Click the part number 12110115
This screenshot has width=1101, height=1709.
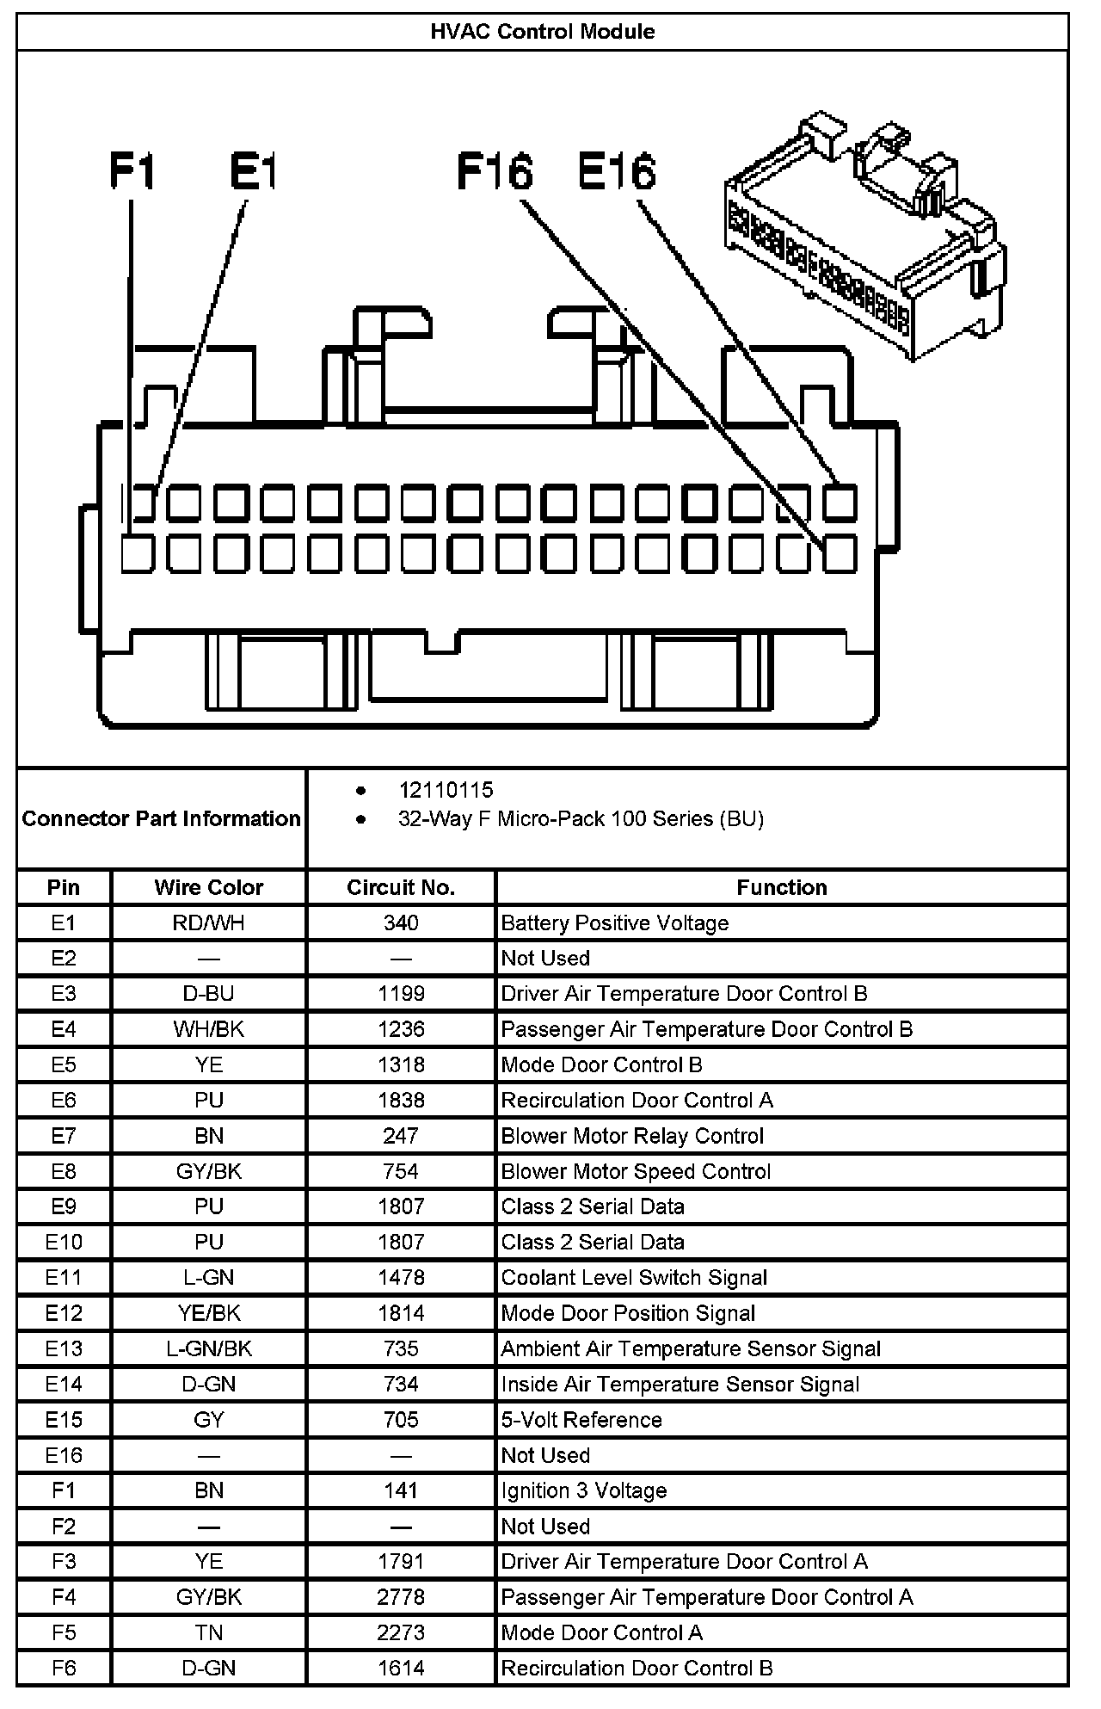pos(446,790)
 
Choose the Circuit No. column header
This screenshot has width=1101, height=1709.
pos(401,887)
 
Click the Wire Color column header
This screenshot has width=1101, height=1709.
pos(208,887)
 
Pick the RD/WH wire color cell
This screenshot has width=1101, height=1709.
pos(208,923)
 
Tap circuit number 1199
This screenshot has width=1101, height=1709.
pos(401,994)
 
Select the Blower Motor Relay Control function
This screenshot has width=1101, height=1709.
pos(632,1136)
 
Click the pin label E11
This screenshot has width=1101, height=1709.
pos(64,1278)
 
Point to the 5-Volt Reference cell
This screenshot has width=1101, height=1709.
pos(581,1420)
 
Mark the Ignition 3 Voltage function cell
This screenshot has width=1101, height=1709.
pos(584,1490)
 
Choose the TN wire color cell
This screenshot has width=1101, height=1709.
pos(208,1632)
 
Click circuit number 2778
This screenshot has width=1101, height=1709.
pos(401,1597)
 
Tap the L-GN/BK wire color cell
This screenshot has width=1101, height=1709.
pos(208,1348)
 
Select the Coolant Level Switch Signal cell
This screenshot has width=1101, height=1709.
pos(634,1278)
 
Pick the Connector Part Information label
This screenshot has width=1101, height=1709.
pos(161,818)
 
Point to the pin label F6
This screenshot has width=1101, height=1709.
pos(64,1668)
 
